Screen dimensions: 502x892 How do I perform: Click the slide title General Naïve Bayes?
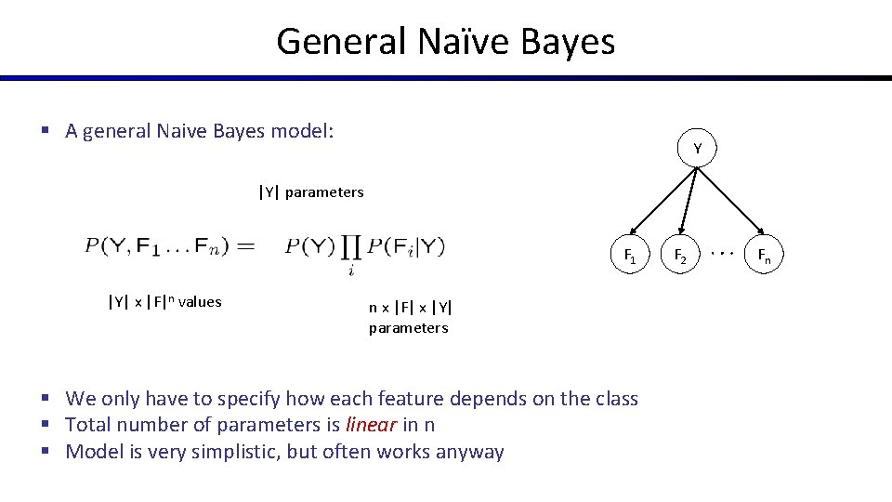click(x=445, y=42)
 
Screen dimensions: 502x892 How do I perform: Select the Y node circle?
click(x=697, y=149)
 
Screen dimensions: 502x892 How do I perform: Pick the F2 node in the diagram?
click(x=680, y=255)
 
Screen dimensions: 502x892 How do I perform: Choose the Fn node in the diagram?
click(x=764, y=255)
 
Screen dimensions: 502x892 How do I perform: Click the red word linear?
click(x=370, y=425)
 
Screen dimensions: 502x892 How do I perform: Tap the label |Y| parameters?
click(x=311, y=192)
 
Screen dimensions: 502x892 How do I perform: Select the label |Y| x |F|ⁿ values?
click(x=164, y=301)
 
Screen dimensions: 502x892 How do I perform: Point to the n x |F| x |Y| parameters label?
click(x=410, y=317)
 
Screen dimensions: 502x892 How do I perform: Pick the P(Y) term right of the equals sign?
click(x=309, y=246)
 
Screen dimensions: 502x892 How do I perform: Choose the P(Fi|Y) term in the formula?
click(x=406, y=246)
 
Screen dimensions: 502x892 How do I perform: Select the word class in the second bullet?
click(x=614, y=399)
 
